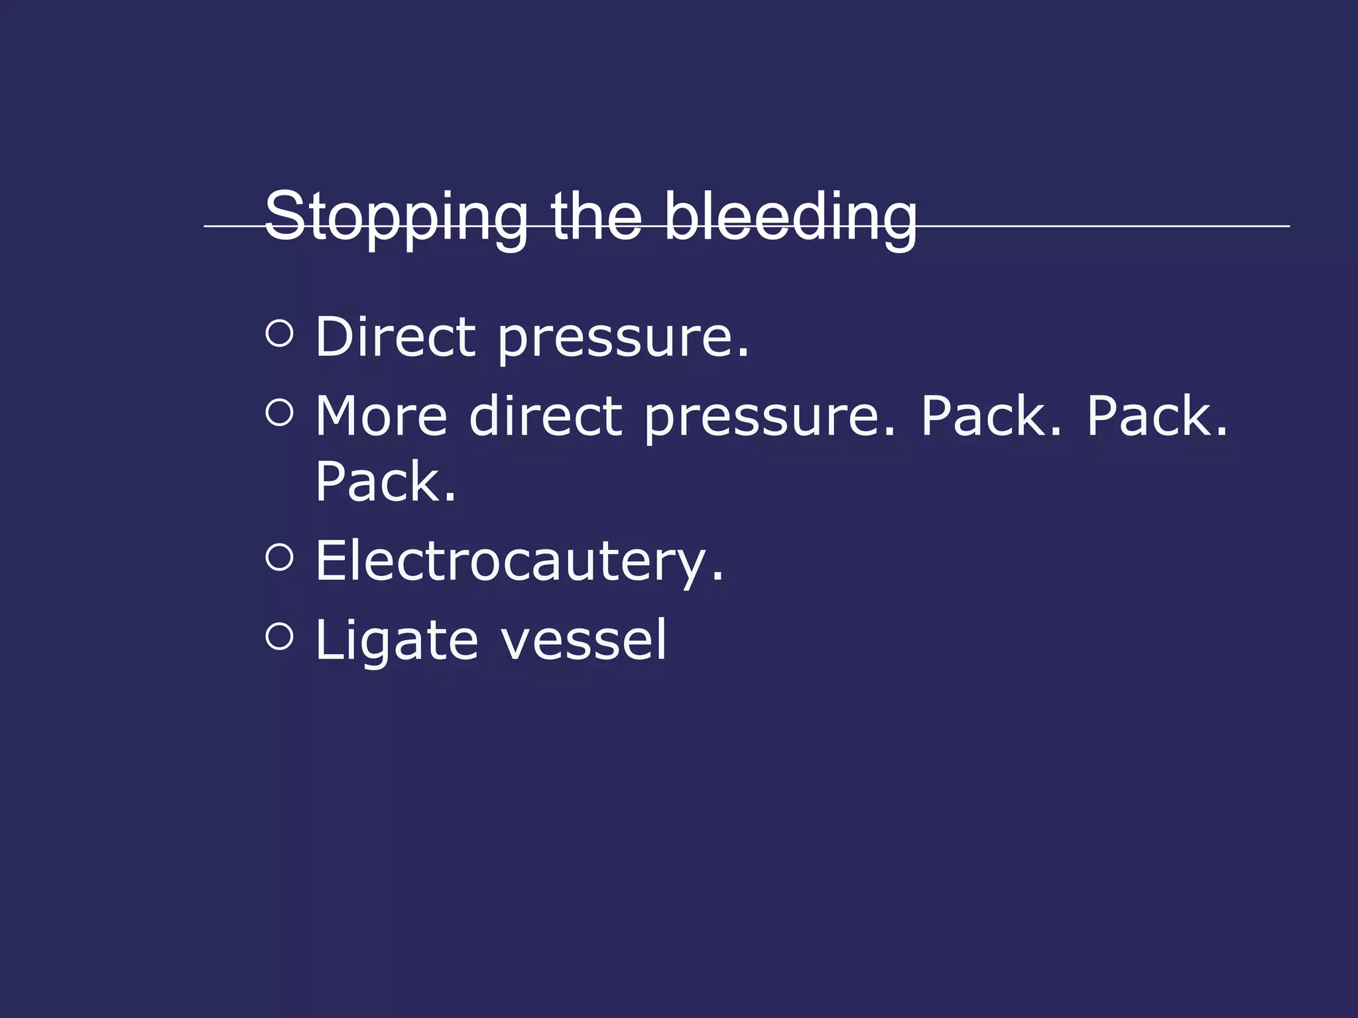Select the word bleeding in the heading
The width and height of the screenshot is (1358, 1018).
point(790,217)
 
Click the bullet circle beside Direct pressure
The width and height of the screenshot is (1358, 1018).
point(279,333)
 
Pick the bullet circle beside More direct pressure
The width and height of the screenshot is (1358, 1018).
point(279,413)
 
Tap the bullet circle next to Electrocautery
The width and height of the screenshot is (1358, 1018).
point(279,557)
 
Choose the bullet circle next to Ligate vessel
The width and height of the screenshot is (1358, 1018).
point(279,637)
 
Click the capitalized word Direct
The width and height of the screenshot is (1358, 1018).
point(396,337)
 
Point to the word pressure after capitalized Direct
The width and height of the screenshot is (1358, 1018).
point(623,339)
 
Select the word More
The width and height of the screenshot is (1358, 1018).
point(381,416)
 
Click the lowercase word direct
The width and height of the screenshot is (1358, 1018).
point(546,416)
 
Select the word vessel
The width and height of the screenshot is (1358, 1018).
point(584,640)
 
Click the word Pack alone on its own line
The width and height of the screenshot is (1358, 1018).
point(385,482)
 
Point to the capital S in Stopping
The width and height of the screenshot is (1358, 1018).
point(284,215)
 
